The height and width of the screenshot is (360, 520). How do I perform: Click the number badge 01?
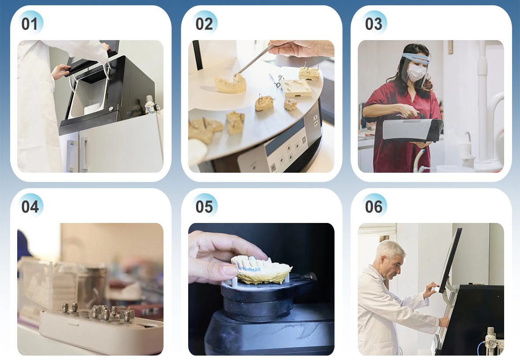coord(30,23)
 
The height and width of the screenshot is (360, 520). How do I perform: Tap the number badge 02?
coord(204,23)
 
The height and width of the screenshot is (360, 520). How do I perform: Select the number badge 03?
coord(374,23)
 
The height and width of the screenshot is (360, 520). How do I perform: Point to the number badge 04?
coord(30,206)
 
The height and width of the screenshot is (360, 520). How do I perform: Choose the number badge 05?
coord(204,206)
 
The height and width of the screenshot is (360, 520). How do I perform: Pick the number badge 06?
coord(374,206)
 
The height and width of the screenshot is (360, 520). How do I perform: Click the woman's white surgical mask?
coord(416,72)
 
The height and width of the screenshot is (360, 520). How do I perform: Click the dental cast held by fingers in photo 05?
coord(261,269)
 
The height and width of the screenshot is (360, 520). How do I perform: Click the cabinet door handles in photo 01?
coord(77,155)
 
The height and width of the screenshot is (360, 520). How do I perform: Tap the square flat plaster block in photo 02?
coord(297,88)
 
